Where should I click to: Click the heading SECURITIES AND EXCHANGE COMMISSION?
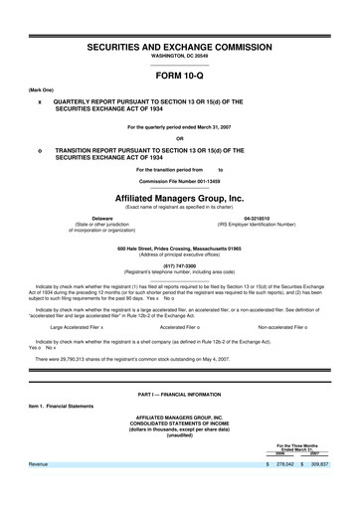pyautogui.click(x=179, y=47)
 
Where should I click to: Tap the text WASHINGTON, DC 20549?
pyautogui.click(x=179, y=58)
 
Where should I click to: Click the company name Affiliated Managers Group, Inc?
pyautogui.click(x=179, y=198)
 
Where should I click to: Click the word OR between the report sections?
pyautogui.click(x=179, y=137)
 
